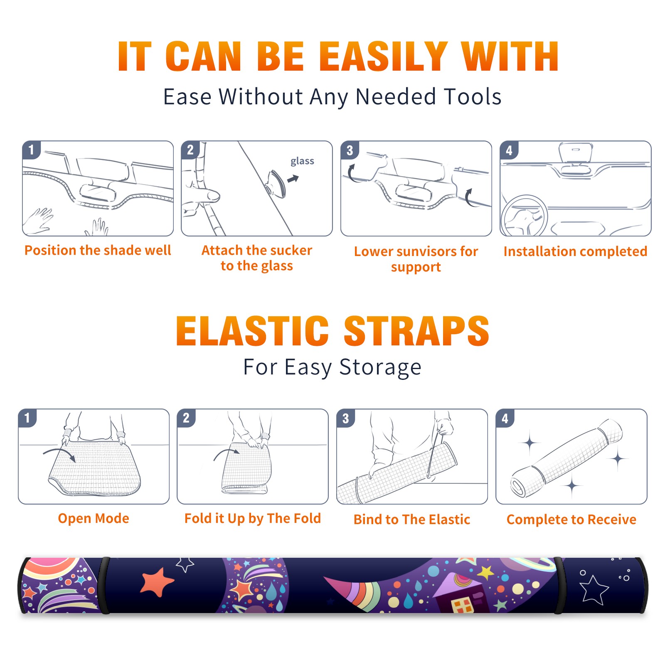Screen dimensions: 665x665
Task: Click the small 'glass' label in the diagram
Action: click(x=302, y=161)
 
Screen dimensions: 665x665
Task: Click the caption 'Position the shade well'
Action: click(x=98, y=250)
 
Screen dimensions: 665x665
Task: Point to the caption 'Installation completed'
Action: click(x=575, y=251)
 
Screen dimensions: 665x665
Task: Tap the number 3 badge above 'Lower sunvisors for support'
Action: click(x=350, y=150)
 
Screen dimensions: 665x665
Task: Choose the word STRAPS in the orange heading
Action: click(x=416, y=331)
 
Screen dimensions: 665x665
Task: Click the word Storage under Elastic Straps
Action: click(x=380, y=367)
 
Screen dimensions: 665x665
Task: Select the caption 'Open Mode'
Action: click(x=94, y=518)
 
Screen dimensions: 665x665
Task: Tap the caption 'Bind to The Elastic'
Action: click(x=412, y=520)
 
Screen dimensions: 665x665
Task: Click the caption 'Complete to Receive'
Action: click(x=571, y=520)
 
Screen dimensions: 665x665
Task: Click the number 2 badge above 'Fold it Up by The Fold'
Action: click(x=186, y=418)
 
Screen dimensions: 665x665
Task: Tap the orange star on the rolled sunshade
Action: click(x=157, y=581)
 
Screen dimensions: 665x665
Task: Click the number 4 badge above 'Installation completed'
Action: click(x=509, y=150)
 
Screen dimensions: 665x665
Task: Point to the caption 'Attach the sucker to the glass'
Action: click(x=257, y=258)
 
